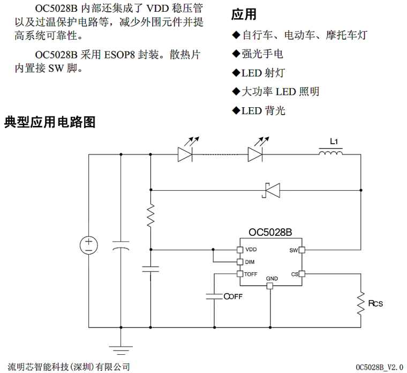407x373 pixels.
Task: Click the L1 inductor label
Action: pos(335,142)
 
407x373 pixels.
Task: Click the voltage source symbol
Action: pos(89,246)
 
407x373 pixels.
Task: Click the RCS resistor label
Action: pos(375,304)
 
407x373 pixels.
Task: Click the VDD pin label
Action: pos(251,250)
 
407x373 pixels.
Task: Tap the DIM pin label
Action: pos(250,262)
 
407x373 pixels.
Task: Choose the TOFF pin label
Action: pos(251,274)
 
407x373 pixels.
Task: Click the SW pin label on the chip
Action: pos(293,250)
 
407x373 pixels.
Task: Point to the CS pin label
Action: pos(294,274)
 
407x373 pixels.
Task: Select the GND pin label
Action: pos(272,279)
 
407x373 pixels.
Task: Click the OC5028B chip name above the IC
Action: pos(270,233)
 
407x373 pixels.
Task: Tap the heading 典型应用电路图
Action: pos(50,122)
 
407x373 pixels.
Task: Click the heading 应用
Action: pos(243,15)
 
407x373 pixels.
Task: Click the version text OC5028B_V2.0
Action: pos(379,367)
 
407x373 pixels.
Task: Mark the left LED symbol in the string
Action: pos(185,154)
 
